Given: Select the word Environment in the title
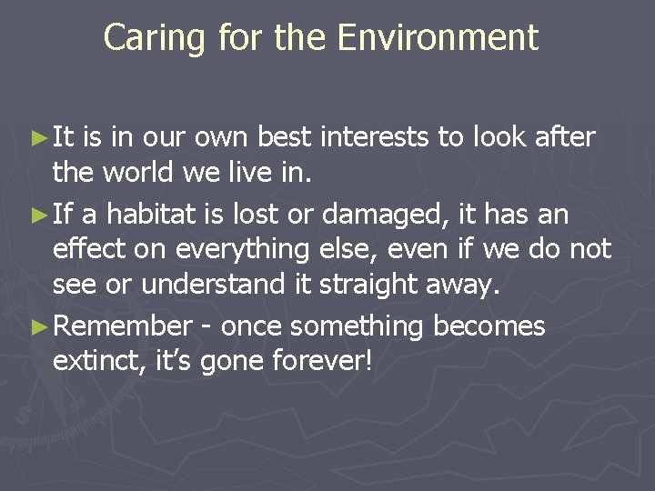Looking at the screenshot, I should [x=438, y=38].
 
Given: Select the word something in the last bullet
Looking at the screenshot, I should [x=361, y=326].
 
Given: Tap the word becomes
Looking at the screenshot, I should [x=490, y=326].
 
